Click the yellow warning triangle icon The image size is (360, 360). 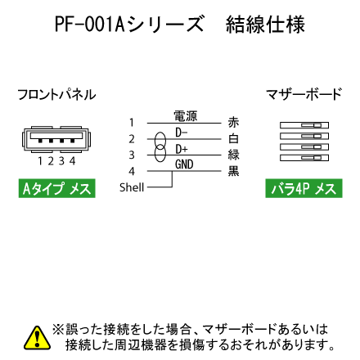click(x=37, y=338)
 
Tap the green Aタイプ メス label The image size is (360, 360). click(x=57, y=188)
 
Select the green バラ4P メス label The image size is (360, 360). click(x=304, y=188)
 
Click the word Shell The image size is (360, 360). click(x=132, y=187)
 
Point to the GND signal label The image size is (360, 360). click(x=184, y=164)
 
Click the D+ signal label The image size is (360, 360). click(x=182, y=149)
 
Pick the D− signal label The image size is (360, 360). click(x=182, y=133)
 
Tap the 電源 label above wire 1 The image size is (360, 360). click(x=186, y=116)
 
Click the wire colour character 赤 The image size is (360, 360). click(x=233, y=122)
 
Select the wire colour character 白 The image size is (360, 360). click(x=233, y=138)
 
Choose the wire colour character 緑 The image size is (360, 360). click(x=234, y=155)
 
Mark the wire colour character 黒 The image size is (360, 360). click(x=233, y=171)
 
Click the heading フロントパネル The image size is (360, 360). click(x=56, y=95)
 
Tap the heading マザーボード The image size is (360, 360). click(x=304, y=94)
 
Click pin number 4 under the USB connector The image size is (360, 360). click(x=72, y=161)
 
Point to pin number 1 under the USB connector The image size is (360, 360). click(x=40, y=161)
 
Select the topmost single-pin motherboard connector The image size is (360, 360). click(x=304, y=125)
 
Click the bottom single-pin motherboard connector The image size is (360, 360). click(x=304, y=158)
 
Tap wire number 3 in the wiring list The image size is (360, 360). click(x=132, y=155)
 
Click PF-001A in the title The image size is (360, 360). click(x=90, y=25)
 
